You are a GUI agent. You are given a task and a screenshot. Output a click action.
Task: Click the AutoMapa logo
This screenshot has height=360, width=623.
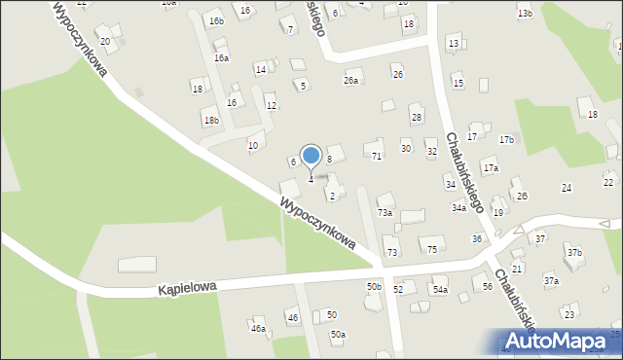point(560,342)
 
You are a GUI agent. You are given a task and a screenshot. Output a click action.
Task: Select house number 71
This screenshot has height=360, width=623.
point(377,156)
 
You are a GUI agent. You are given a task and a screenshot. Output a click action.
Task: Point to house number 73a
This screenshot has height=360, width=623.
point(385,212)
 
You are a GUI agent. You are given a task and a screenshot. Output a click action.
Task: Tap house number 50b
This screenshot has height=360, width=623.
point(374,287)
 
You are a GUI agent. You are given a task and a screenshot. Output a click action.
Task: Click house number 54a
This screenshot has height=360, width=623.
point(440,290)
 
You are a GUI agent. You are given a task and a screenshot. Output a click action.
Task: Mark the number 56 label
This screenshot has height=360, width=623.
point(487,286)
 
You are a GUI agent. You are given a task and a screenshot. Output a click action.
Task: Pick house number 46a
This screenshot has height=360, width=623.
point(258,329)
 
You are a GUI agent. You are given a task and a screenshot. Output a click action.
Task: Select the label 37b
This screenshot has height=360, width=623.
point(574,253)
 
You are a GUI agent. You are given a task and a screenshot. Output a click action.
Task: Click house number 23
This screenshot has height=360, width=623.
point(568,314)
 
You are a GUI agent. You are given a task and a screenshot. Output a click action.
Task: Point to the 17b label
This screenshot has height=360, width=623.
point(506,140)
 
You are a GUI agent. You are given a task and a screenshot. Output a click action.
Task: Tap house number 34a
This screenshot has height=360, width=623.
point(458,208)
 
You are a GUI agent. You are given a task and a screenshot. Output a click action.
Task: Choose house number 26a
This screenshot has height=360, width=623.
point(350,81)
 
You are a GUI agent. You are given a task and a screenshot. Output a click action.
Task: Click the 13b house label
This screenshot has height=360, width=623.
point(525,14)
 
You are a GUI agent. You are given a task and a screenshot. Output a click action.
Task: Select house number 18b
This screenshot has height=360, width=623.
point(210,121)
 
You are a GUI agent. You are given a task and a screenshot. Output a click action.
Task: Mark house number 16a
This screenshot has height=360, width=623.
point(222,58)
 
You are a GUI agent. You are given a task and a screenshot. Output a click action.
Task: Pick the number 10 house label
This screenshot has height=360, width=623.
point(253,146)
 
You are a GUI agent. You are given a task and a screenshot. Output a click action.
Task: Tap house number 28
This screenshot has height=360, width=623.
point(417,118)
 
